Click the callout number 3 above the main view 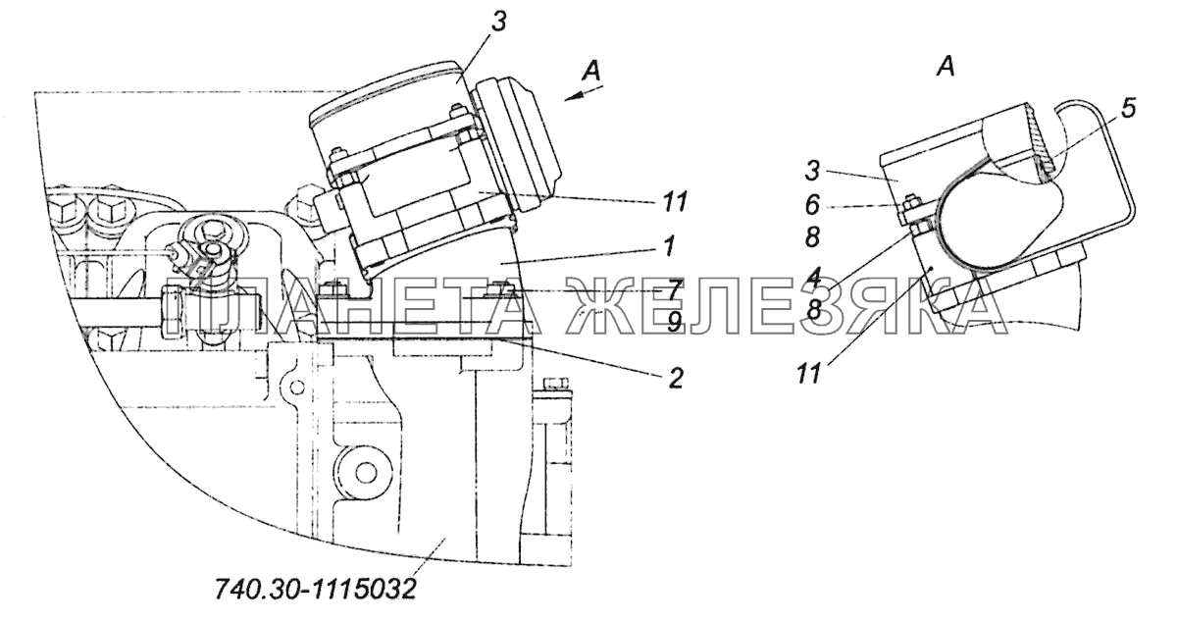pyautogui.click(x=498, y=23)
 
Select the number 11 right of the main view pyautogui.click(x=674, y=202)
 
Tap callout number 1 pyautogui.click(x=668, y=247)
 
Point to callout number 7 pyautogui.click(x=674, y=289)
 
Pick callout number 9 pyautogui.click(x=674, y=321)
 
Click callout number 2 pyautogui.click(x=675, y=378)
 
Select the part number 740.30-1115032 pyautogui.click(x=315, y=589)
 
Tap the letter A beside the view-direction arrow pyautogui.click(x=591, y=71)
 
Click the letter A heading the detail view pyautogui.click(x=945, y=81)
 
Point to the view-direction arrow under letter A pyautogui.click(x=584, y=94)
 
